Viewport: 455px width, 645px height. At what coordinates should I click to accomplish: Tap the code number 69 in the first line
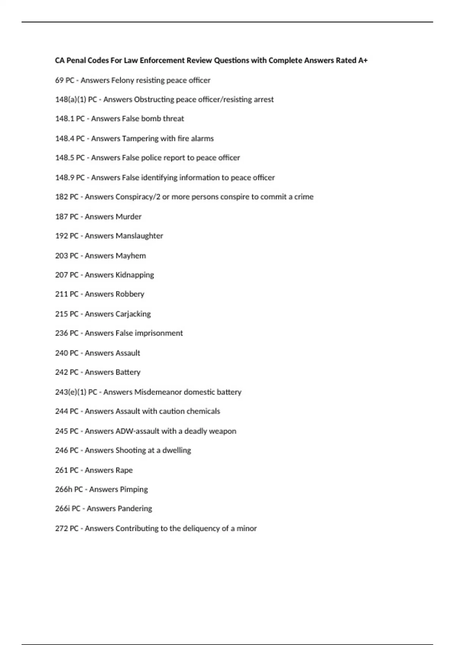[x=59, y=80]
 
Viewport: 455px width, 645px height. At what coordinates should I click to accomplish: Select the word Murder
[x=129, y=217]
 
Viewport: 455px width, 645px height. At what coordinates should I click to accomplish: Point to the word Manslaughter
[x=139, y=236]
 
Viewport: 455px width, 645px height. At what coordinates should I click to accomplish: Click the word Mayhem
[x=130, y=256]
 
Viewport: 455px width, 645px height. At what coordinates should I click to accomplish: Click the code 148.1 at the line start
[x=64, y=119]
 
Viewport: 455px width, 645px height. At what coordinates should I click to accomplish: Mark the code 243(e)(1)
[x=71, y=392]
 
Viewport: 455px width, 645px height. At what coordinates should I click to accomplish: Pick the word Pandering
[x=135, y=509]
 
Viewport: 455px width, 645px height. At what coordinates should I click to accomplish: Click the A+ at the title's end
[x=363, y=60]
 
